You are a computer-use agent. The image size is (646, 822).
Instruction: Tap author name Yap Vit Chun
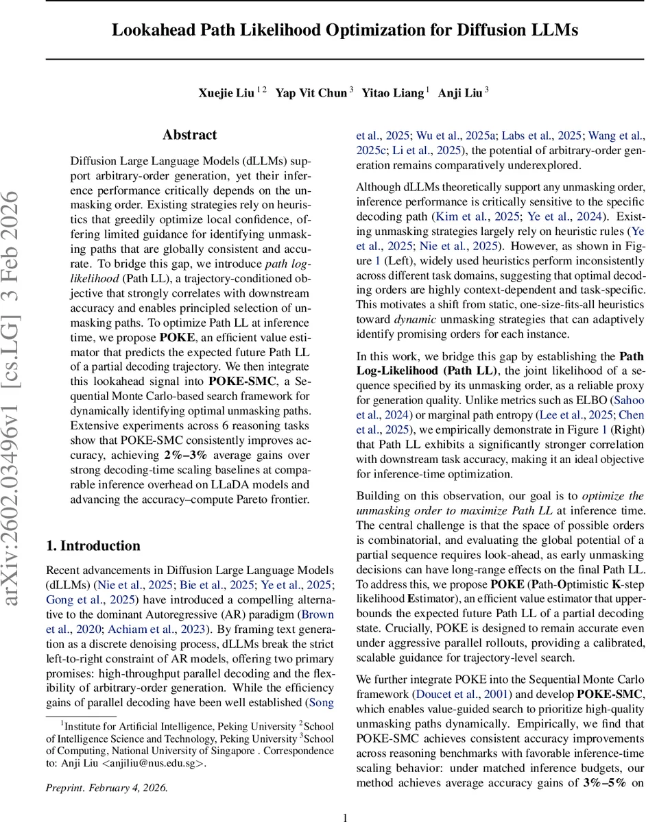311,93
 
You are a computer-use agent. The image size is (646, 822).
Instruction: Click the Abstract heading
189,135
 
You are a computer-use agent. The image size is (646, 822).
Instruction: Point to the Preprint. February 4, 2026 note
106,787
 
